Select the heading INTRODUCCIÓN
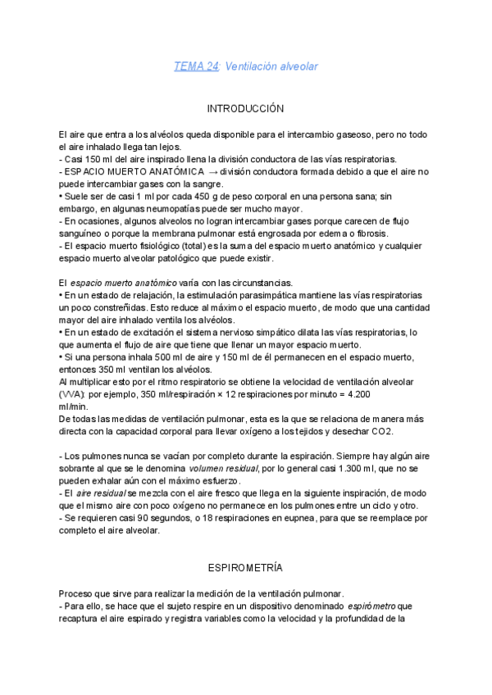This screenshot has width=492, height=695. [245, 108]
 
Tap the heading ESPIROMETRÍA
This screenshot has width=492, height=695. [245, 566]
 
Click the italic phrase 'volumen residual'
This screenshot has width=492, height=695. [224, 468]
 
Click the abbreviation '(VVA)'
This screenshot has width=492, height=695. [71, 394]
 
